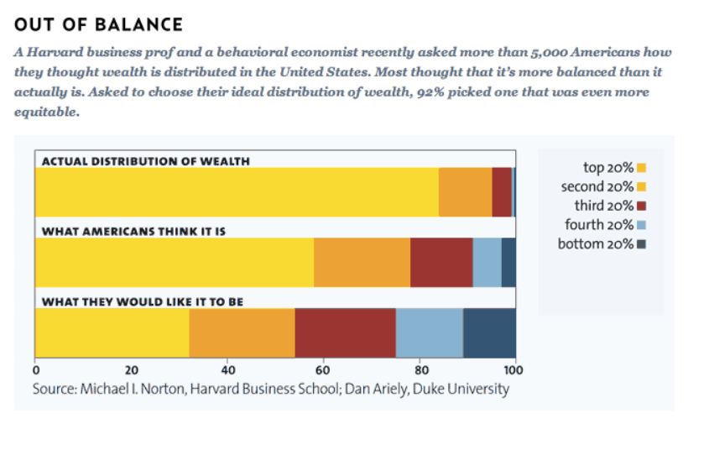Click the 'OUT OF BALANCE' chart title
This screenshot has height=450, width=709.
pyautogui.click(x=99, y=24)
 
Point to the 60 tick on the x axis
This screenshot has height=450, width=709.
pyautogui.click(x=323, y=369)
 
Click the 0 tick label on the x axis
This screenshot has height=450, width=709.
pyautogui.click(x=35, y=369)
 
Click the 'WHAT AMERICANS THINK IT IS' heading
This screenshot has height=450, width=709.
pyautogui.click(x=134, y=230)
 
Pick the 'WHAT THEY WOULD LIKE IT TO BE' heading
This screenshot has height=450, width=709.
pyautogui.click(x=143, y=301)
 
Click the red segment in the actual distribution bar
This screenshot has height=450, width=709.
pyautogui.click(x=502, y=192)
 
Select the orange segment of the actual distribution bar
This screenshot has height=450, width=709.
pyautogui.click(x=466, y=192)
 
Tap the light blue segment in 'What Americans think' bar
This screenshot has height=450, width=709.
pyautogui.click(x=487, y=262)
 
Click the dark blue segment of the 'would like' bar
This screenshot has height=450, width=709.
pyautogui.click(x=489, y=332)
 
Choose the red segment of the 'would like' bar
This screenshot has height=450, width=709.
pyautogui.click(x=345, y=332)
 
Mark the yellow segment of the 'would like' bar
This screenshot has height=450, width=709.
pyautogui.click(x=112, y=332)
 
